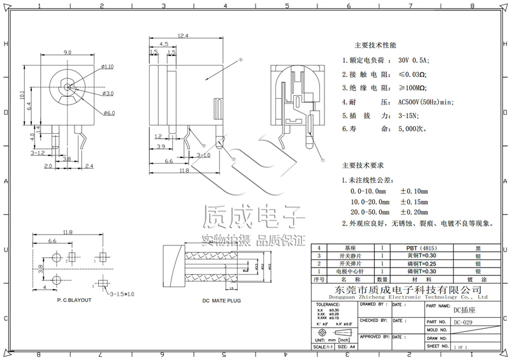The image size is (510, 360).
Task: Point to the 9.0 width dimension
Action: point(67,52)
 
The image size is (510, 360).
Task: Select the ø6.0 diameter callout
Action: point(108,113)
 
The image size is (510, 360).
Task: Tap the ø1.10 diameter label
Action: point(107,66)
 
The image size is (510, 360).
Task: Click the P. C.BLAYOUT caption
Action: point(74,299)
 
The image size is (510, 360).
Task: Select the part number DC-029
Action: point(463,322)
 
